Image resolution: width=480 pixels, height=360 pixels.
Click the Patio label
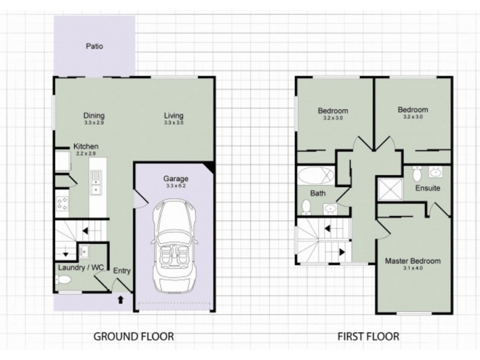(x=94, y=46)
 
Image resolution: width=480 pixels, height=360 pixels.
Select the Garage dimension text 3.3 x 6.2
(x=176, y=185)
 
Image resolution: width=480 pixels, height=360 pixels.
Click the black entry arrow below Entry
(x=121, y=299)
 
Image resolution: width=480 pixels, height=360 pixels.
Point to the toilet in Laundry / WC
(x=63, y=280)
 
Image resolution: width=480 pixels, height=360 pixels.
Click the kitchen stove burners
(x=62, y=204)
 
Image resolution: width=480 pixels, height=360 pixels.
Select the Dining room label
(x=94, y=115)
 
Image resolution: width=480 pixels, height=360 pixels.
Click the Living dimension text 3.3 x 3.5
(x=173, y=123)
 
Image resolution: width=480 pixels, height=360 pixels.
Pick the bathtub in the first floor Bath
(x=316, y=176)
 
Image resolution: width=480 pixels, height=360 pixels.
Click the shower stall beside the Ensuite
(x=389, y=189)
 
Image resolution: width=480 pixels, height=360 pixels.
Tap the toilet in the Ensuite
(x=416, y=173)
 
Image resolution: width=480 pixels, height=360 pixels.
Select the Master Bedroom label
(x=413, y=261)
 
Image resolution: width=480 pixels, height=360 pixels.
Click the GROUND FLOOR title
(x=133, y=337)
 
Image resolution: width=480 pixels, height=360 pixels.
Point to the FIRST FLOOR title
(x=368, y=337)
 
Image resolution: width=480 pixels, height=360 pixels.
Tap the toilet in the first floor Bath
(x=306, y=207)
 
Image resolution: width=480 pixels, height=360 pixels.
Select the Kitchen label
(x=86, y=146)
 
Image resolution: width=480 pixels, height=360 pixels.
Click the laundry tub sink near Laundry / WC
(x=83, y=251)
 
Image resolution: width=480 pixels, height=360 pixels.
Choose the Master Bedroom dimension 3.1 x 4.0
(x=413, y=268)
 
